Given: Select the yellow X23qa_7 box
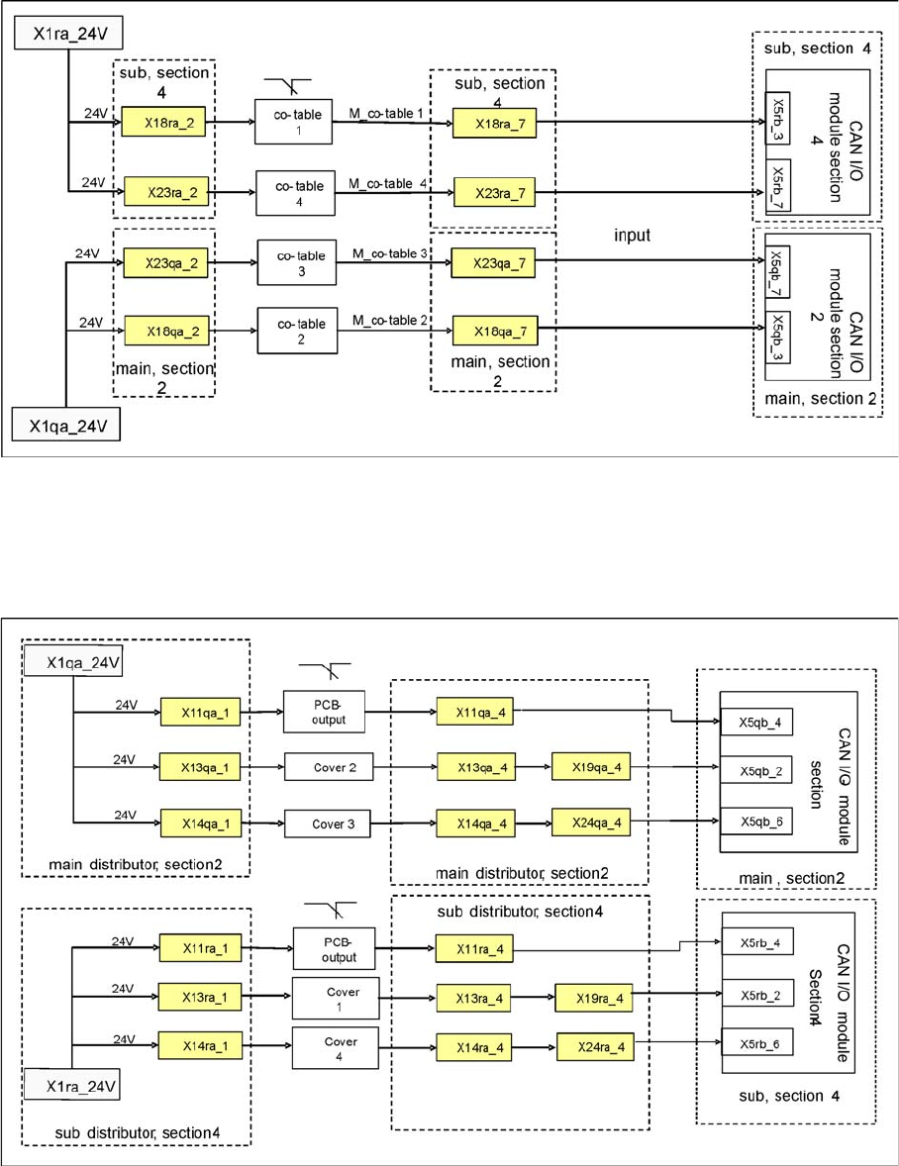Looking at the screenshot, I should (x=494, y=263).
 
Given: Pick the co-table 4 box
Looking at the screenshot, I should (x=294, y=188).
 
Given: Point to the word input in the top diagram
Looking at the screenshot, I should (x=632, y=237).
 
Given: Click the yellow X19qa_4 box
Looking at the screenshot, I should (x=590, y=767).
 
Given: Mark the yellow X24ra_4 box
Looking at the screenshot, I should (x=595, y=1042).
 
